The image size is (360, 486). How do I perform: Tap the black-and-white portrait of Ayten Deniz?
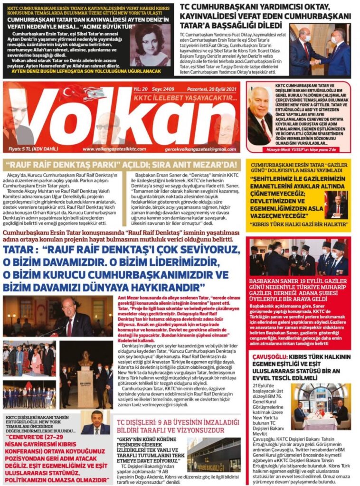click(x=152, y=46)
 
